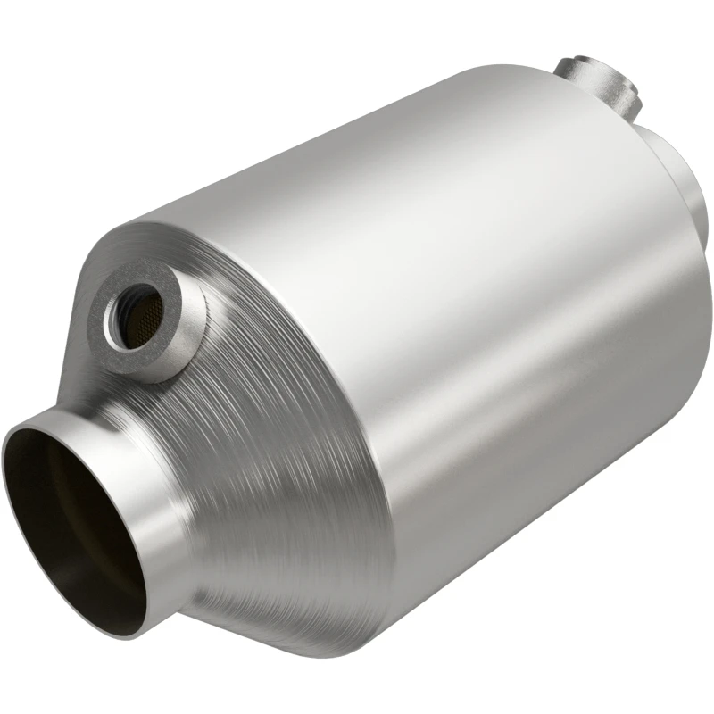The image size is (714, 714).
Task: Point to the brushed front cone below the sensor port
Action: point(268,446)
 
